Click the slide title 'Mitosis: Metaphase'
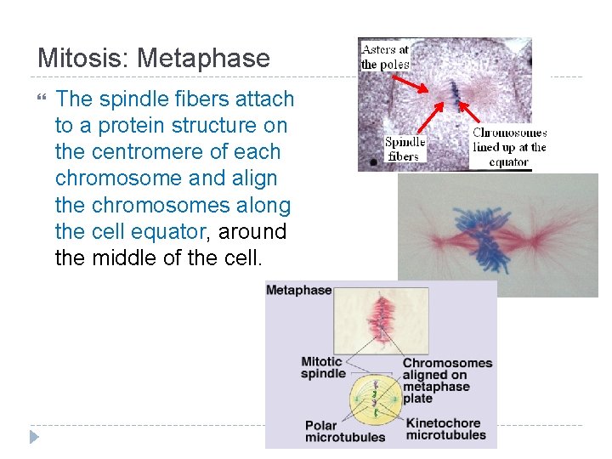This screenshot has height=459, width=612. [154, 59]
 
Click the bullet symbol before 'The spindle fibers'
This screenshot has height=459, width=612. [42, 100]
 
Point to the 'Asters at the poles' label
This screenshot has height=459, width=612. [384, 57]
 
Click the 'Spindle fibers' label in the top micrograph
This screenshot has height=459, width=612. [405, 149]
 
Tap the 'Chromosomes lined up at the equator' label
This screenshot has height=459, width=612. [508, 147]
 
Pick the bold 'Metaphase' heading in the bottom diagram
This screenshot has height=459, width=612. [298, 291]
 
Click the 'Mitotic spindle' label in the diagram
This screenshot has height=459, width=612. [323, 367]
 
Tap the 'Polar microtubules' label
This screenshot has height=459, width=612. [344, 431]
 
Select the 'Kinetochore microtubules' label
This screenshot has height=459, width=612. [446, 429]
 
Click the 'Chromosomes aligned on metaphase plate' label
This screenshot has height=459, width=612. [447, 380]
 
